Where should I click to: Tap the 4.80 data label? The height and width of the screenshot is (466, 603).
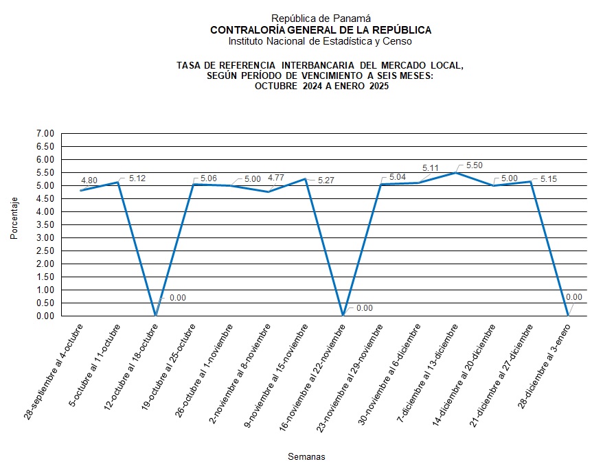[x=89, y=180]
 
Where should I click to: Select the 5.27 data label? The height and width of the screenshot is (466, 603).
[x=326, y=180]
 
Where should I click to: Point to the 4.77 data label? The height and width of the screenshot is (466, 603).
[x=276, y=178]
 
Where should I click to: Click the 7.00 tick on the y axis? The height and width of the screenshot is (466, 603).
[x=45, y=133]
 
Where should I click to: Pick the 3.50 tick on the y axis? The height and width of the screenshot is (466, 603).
[x=45, y=224]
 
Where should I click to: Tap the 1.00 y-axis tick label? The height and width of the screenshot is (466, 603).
[x=45, y=290]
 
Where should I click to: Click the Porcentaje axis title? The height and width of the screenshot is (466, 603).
[x=14, y=218]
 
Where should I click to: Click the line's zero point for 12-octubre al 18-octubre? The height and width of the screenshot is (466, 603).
[x=155, y=316]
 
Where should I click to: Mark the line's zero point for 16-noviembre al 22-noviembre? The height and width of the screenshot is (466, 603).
[x=343, y=316]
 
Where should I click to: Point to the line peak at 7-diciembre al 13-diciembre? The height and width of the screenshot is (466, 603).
[x=455, y=172]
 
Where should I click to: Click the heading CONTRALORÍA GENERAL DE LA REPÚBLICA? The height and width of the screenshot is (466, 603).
[x=321, y=30]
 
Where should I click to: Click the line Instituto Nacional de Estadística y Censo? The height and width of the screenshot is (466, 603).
[x=321, y=41]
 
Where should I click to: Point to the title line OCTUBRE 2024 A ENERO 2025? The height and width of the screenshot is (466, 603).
[x=321, y=86]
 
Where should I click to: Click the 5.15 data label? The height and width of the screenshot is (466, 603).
[x=547, y=178]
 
